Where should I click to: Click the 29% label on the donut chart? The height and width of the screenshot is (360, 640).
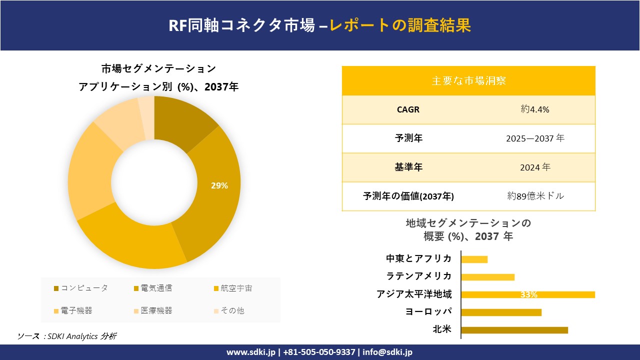219,186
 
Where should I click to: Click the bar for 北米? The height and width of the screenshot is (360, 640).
514,330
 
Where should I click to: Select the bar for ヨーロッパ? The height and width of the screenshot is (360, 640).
501,312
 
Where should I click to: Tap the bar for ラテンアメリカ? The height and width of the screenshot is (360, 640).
487,277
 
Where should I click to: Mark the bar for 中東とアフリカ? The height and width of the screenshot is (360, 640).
474,259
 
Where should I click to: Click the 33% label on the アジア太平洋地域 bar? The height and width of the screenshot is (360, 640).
528,295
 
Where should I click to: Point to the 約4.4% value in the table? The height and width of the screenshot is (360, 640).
535,109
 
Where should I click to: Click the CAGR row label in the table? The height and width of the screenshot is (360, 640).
408,109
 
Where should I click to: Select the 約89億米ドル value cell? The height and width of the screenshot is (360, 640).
535,196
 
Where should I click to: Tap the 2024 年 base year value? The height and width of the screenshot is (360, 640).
535,167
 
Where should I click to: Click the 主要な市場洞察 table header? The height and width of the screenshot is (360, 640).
468,80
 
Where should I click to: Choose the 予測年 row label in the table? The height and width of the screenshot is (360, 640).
408,138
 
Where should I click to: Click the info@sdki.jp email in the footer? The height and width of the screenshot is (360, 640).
387,352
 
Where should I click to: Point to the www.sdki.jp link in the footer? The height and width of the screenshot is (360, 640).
251,352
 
